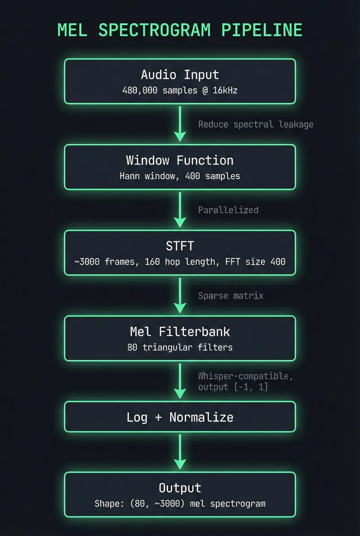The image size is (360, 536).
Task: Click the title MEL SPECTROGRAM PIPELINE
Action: tap(180, 30)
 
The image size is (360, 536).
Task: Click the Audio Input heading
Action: tap(180, 74)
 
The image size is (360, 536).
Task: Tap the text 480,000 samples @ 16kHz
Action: tap(180, 90)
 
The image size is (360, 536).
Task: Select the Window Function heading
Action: tap(180, 160)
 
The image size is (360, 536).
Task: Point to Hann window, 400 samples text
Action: tap(180, 176)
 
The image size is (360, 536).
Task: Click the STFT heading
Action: tap(180, 246)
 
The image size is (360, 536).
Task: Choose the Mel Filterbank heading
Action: tap(180, 331)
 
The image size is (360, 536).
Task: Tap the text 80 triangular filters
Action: tap(180, 347)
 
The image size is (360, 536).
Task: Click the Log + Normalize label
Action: tap(180, 417)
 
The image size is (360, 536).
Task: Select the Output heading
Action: tap(180, 488)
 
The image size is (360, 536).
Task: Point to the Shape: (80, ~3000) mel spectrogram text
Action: tap(180, 504)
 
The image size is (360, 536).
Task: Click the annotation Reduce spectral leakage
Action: tap(256, 124)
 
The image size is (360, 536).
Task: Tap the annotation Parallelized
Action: tap(228, 210)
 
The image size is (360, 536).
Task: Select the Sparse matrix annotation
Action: tap(231, 295)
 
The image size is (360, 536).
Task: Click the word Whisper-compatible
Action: tap(245, 376)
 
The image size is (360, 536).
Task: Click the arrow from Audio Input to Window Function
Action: tap(180, 124)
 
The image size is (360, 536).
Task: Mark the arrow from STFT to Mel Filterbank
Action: tap(180, 295)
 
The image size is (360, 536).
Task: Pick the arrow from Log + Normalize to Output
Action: tap(180, 451)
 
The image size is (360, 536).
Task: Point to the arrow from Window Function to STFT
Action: tap(180, 210)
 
